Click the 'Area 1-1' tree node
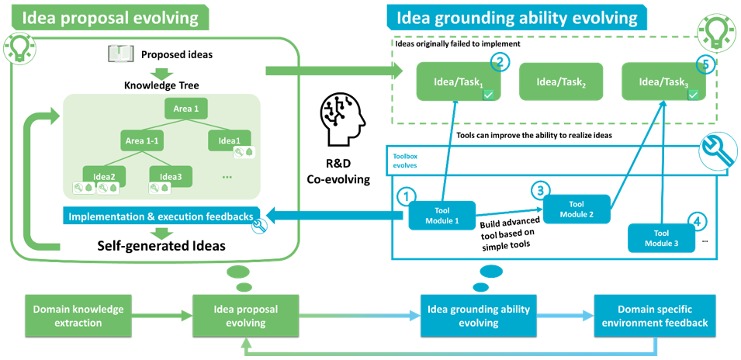click(141, 140)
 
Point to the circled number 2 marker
click(502, 64)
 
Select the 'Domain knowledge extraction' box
click(78, 316)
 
